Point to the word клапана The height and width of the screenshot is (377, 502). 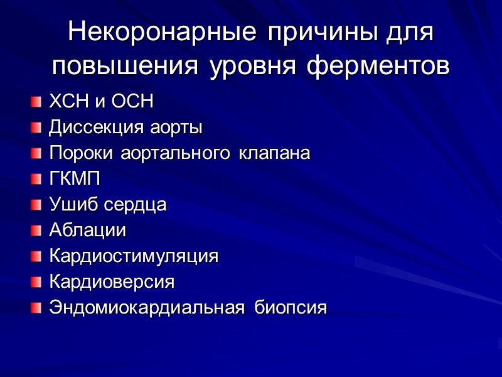pos(274,153)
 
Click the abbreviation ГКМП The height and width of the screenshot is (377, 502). pos(75,179)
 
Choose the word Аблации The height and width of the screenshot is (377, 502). pos(87,231)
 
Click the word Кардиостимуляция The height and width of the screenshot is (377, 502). pos(134,257)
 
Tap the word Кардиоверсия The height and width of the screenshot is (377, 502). pos(112,282)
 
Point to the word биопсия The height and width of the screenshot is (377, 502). pos(291,308)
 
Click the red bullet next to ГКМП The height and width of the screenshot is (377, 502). pos(36,180)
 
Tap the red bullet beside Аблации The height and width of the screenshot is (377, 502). pos(36,231)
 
